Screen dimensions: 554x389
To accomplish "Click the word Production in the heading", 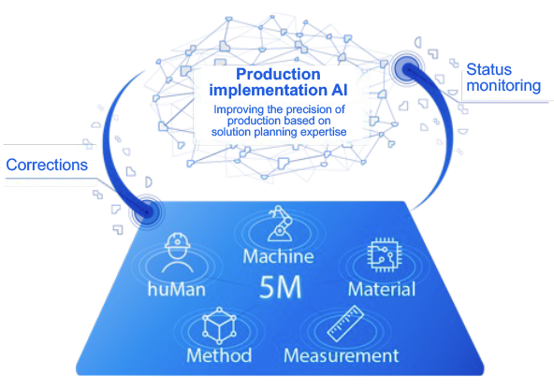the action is click(x=278, y=74).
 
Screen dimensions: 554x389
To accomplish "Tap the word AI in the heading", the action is click(x=339, y=90).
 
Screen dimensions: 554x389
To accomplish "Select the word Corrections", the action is click(x=47, y=165).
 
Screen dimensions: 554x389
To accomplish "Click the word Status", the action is click(x=489, y=69).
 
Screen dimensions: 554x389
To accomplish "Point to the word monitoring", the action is click(x=503, y=86).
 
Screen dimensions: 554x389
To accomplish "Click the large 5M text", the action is click(x=281, y=287).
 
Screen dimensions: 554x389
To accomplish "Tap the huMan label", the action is click(x=177, y=290).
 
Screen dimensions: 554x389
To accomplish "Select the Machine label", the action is click(x=279, y=256).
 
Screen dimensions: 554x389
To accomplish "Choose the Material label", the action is click(x=382, y=290).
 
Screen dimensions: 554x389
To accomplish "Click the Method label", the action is click(x=219, y=355).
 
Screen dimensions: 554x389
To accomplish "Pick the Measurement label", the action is click(x=342, y=355).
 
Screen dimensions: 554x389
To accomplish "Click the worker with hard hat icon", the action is click(x=178, y=252).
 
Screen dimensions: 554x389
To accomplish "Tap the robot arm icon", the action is click(x=280, y=223).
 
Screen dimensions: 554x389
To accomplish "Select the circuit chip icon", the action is click(x=385, y=254).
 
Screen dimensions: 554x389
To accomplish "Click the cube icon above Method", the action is click(x=219, y=325).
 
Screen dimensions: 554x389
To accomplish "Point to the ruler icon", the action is click(x=345, y=324).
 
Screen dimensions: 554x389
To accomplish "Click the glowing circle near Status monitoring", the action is click(x=406, y=67).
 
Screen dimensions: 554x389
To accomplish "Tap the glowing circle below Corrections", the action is click(x=147, y=211).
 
